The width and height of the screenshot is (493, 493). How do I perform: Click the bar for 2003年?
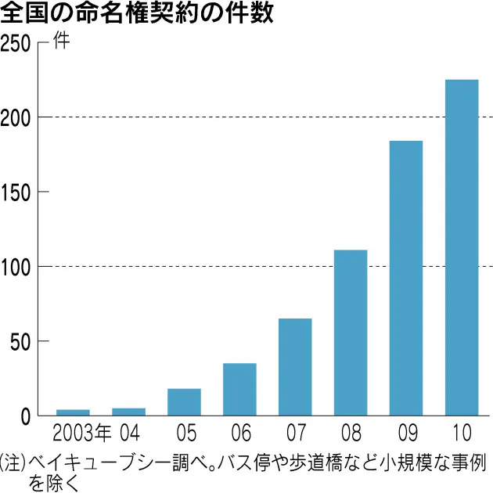[73, 412]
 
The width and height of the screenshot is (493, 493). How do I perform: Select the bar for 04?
[128, 411]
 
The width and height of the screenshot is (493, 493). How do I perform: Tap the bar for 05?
[184, 401]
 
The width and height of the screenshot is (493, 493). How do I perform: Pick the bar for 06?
[239, 389]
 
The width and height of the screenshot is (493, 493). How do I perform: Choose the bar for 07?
[295, 366]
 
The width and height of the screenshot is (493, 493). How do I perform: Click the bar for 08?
[351, 332]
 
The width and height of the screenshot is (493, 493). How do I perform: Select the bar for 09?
[406, 278]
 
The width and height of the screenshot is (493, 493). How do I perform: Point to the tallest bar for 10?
[462, 247]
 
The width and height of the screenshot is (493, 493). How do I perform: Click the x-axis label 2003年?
[81, 432]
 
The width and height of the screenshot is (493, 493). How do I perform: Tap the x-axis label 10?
[461, 432]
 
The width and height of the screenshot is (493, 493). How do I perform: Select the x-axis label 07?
[295, 432]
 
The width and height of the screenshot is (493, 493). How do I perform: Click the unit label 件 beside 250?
[61, 41]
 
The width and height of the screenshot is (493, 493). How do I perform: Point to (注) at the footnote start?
[13, 461]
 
